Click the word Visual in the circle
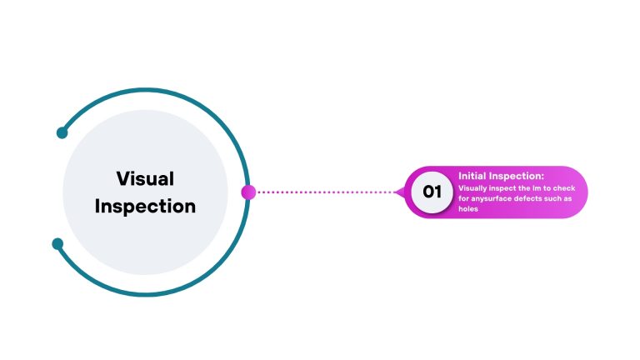[x=145, y=179]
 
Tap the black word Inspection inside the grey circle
[x=145, y=207]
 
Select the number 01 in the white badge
[x=432, y=192]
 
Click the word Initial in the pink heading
[x=472, y=176]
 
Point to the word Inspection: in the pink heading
[x=517, y=177]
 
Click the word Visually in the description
[x=472, y=188]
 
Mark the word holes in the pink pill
[x=468, y=208]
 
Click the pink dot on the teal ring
[x=248, y=192]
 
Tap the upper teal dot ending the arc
[x=62, y=132]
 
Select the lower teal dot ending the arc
[x=57, y=243]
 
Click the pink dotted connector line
[x=326, y=192]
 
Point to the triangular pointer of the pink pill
[x=400, y=192]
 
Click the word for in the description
[x=463, y=198]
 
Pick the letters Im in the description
[x=537, y=188]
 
